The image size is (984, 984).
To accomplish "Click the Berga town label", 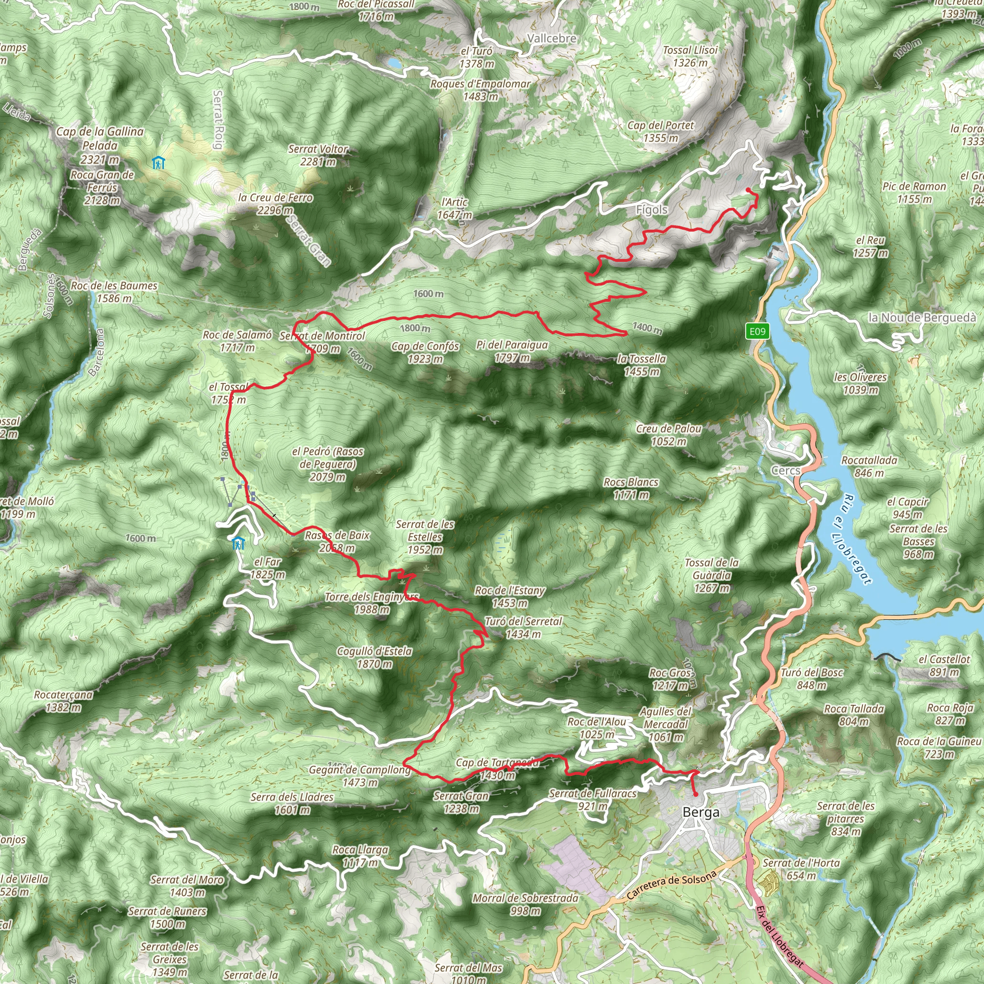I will pos(701,812).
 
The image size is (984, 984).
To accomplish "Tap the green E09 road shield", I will pos(757,332).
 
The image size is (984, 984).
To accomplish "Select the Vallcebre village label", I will pos(552,38).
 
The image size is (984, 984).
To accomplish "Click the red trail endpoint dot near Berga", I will pos(695,794).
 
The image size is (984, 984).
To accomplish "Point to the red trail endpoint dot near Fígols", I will pos(748,190).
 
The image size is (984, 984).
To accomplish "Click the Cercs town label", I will pos(786,470).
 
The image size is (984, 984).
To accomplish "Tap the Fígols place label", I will pos(652,209).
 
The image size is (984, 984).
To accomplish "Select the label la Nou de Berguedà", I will pos(922,318).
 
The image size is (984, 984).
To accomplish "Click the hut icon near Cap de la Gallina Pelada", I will pos(159,163).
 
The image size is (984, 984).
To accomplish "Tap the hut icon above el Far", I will pos(238,543).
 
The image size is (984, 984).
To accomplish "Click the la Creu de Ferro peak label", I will pos(275,204).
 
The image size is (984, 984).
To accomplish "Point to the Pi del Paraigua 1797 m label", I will pos(512,351).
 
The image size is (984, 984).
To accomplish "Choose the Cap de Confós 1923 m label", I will pos(425,353).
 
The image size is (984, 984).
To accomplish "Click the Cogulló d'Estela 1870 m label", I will pos(374,658).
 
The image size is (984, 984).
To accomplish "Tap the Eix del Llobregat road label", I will pos(780,936).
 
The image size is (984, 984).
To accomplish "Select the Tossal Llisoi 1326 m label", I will pos(690,56).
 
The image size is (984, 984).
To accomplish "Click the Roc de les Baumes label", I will pos(114,292).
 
